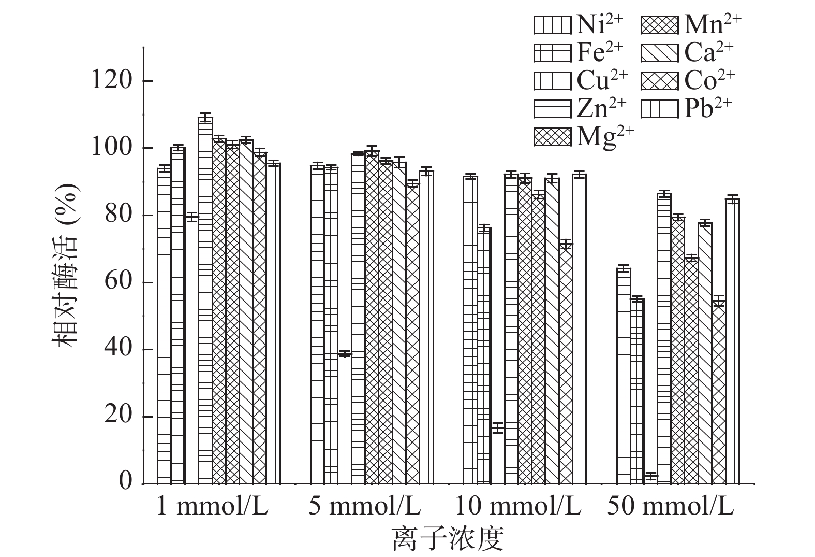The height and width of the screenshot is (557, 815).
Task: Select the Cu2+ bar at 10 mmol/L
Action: [498, 456]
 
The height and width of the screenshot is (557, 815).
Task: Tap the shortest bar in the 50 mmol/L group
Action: [650, 479]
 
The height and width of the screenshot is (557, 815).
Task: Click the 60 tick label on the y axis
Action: [118, 282]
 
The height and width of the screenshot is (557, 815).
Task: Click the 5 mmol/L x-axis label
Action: [365, 507]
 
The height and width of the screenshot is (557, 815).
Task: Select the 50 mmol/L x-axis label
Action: [671, 507]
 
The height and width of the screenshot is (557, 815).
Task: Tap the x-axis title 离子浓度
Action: [448, 539]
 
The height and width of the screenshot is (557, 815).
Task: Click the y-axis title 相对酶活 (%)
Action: [65, 264]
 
